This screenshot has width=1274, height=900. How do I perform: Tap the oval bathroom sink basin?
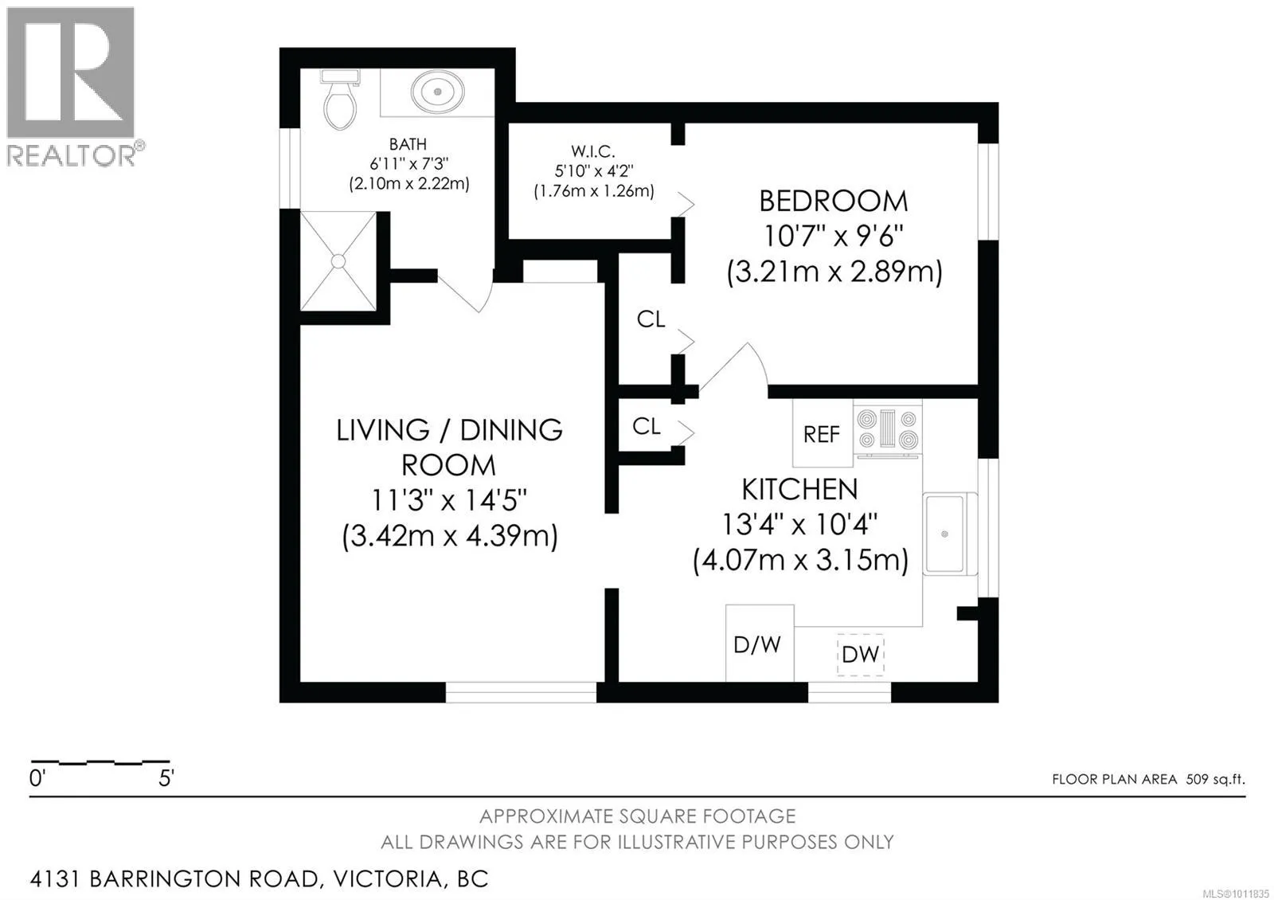coord(437,91)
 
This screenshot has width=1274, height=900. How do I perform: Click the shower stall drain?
coord(338,261)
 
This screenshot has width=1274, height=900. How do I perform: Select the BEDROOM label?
coord(833,202)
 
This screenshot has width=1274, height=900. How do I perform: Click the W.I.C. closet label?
coord(593,152)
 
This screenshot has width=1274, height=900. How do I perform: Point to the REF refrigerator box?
coord(823,432)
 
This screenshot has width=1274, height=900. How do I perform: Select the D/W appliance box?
coord(760,643)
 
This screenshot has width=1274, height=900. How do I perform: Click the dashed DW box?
coord(860,655)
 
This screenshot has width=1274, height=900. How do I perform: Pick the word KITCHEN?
coord(799,489)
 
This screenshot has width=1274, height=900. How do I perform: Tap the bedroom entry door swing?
coord(733,367)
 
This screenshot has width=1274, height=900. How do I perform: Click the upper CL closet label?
coord(651,319)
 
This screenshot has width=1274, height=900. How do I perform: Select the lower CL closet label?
coord(647,426)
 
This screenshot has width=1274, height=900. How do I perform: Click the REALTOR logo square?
coord(71,72)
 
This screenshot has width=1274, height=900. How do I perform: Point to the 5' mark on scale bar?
coord(166,778)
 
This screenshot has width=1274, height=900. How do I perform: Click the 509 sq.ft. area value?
coord(1215,779)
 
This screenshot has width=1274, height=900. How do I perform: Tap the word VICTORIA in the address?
coord(388,879)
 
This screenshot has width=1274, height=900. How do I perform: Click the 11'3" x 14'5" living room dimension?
coord(449,501)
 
